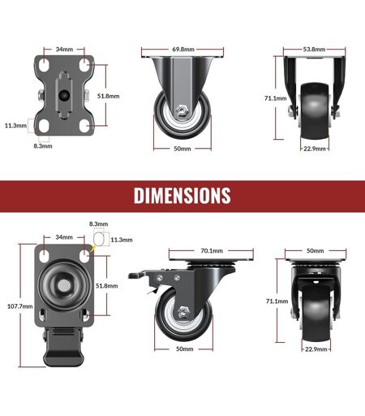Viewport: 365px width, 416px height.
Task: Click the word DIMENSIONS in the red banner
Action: [x=182, y=195]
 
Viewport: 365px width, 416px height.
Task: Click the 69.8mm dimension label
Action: [x=183, y=50]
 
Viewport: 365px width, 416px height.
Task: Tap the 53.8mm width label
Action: [x=314, y=50]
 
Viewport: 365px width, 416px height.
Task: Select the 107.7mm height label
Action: [x=19, y=306]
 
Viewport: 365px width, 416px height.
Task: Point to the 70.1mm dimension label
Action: [x=212, y=251]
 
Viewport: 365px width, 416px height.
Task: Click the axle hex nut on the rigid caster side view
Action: [x=181, y=110]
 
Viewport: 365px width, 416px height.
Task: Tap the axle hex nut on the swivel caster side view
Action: [x=183, y=312]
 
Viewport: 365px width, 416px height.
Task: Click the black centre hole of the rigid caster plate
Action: [x=64, y=95]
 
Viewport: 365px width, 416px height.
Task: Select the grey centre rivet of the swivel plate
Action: [x=64, y=285]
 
